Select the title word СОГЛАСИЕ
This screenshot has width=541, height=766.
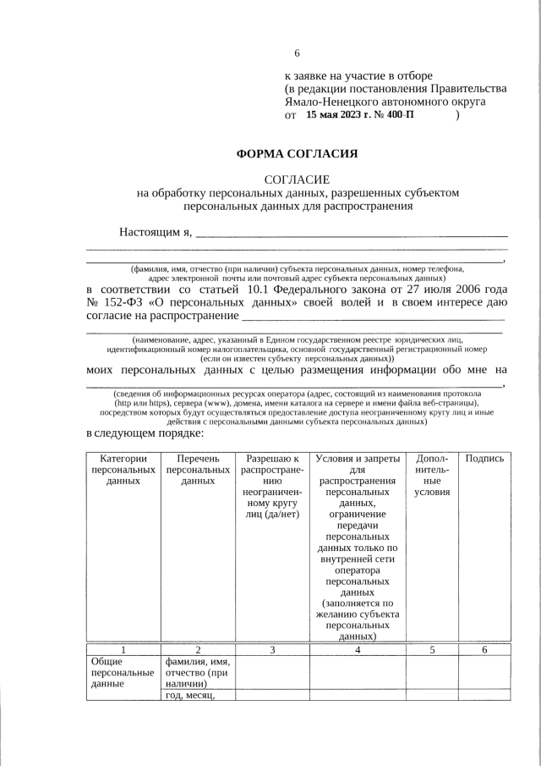pos(297,179)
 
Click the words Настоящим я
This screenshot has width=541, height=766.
pos(156,232)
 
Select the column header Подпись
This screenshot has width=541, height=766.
pos(484,459)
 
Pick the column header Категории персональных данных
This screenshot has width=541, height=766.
pos(123,470)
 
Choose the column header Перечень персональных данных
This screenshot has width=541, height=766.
pos(198,470)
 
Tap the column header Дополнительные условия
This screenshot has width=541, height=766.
pos(432,475)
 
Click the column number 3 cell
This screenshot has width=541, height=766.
pos(272,649)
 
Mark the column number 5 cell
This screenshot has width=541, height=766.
pos(432,649)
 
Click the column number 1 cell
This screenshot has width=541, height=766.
pos(123,649)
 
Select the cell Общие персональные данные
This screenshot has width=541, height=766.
pos(123,673)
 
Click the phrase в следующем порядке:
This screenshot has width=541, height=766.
pos(145,433)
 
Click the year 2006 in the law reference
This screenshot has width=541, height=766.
pos(465,289)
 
